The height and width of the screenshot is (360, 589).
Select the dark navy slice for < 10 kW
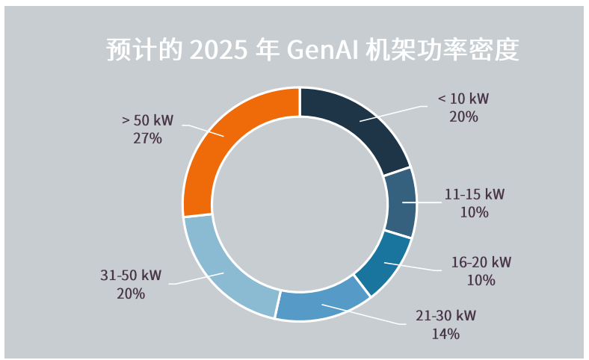click(359, 123)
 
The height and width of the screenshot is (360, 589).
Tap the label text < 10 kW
click(463, 99)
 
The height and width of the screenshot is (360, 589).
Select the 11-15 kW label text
click(475, 194)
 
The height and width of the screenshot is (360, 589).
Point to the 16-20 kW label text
click(481, 262)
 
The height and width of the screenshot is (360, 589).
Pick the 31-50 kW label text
click(131, 275)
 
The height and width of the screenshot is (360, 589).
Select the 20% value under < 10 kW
click(463, 117)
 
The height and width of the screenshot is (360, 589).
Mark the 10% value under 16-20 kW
click(481, 280)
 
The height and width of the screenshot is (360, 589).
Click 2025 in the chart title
click(218, 50)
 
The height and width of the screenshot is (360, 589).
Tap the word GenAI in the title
click(322, 50)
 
